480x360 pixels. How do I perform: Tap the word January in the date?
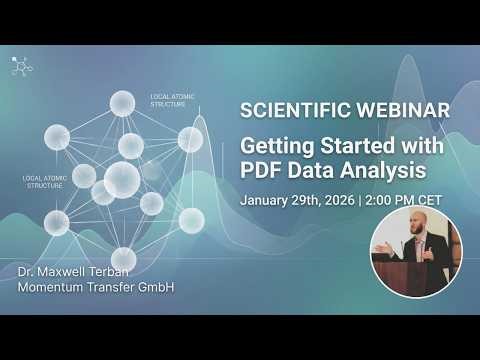coord(268,199)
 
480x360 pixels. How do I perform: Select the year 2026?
coord(345,199)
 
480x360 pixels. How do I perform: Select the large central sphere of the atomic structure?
coord(122,180)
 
